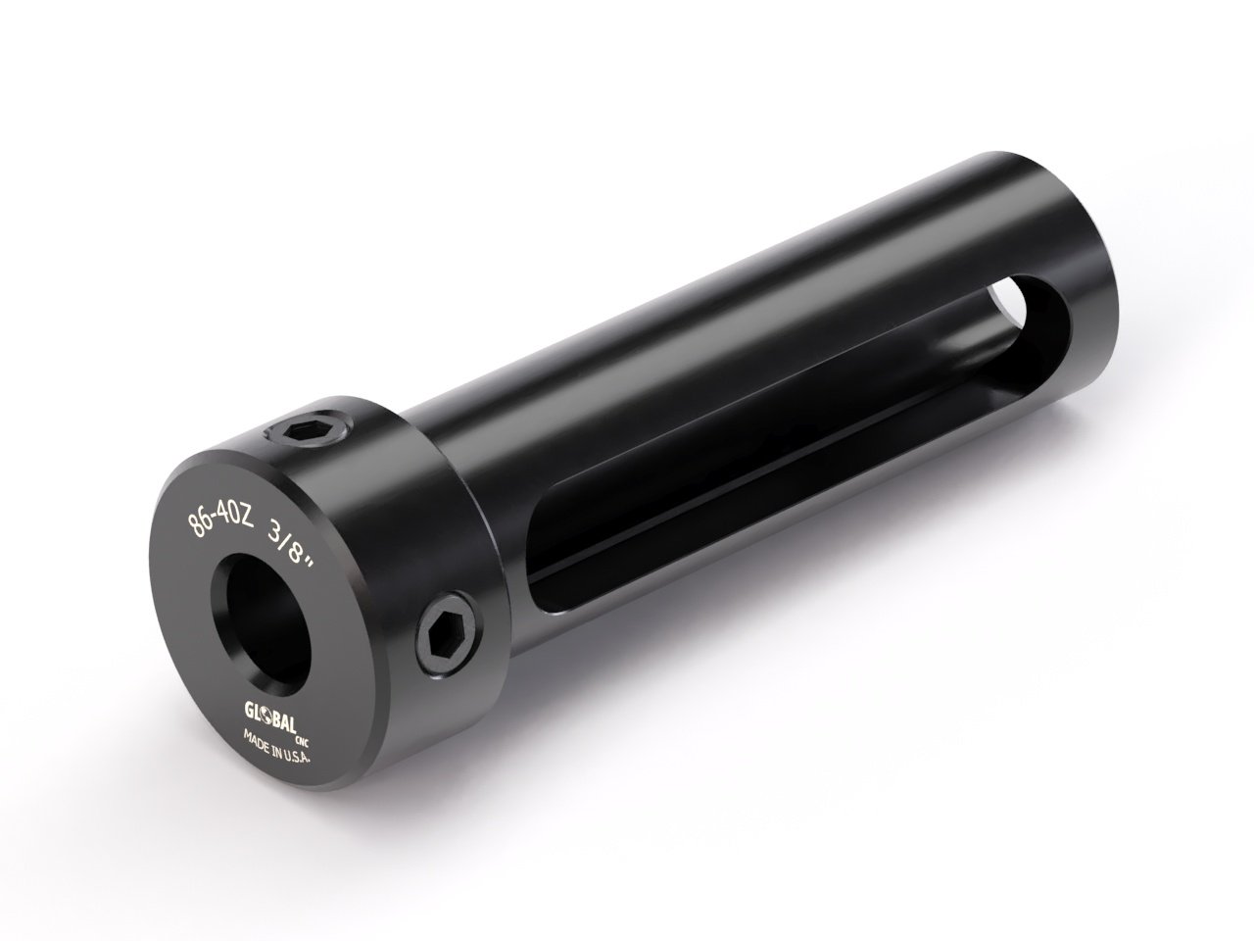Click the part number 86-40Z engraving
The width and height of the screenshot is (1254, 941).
coord(221,519)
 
